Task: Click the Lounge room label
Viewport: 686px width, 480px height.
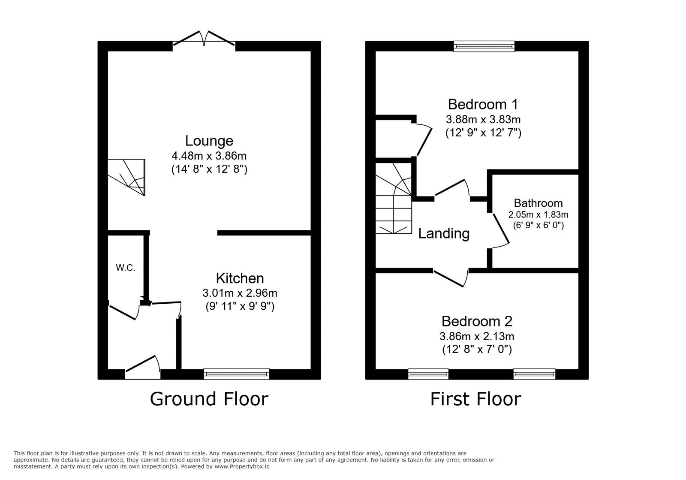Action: [x=209, y=141]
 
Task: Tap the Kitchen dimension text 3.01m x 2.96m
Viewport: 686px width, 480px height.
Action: [x=240, y=293]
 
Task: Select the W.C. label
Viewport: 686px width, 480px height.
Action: [x=126, y=268]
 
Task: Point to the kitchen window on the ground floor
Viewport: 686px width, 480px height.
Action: [x=237, y=374]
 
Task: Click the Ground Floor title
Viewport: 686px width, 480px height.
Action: [x=209, y=399]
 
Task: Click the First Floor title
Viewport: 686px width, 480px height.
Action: [x=475, y=399]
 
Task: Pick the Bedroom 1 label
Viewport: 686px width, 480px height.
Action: [x=483, y=104]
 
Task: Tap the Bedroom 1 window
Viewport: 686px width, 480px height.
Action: [x=484, y=46]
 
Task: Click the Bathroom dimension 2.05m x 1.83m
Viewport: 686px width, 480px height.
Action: [x=538, y=214]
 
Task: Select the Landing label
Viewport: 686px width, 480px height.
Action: [x=444, y=233]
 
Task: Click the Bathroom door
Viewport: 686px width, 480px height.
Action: [x=500, y=230]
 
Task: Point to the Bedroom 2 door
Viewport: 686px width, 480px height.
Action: [x=450, y=278]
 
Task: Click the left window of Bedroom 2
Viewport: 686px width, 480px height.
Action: [x=428, y=374]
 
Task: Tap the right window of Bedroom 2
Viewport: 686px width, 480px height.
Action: [x=534, y=374]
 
